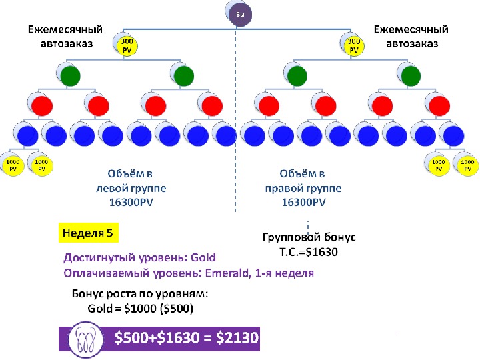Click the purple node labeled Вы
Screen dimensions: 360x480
pos(239,15)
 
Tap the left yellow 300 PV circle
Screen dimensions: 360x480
pos(127,46)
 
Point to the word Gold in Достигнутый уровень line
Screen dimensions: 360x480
pos(203,257)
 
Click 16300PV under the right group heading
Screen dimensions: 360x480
pos(303,202)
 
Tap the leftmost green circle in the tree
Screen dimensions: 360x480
pos(71,75)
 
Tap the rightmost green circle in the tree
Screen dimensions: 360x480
pos(409,75)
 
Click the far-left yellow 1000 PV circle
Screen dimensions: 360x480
pos(13,165)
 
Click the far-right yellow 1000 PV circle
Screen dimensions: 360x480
pos(467,165)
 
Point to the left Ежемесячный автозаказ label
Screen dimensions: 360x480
pos(65,37)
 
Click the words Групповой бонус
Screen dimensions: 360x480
pos(309,237)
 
